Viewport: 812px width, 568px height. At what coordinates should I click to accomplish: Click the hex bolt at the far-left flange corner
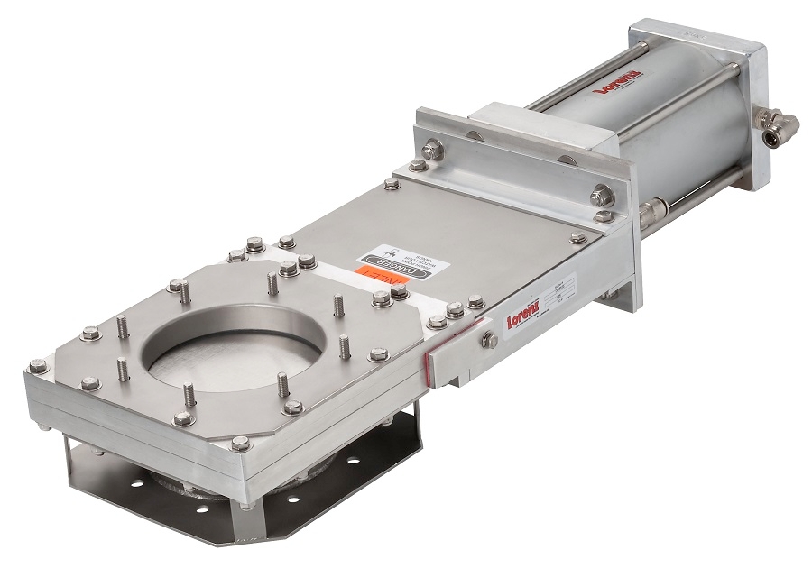tap(37, 366)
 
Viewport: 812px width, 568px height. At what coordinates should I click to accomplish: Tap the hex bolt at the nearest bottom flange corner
tap(239, 443)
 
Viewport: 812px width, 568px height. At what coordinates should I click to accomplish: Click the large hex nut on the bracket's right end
tap(601, 195)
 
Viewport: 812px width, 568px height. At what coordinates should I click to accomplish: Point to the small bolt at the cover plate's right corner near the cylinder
tap(577, 238)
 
